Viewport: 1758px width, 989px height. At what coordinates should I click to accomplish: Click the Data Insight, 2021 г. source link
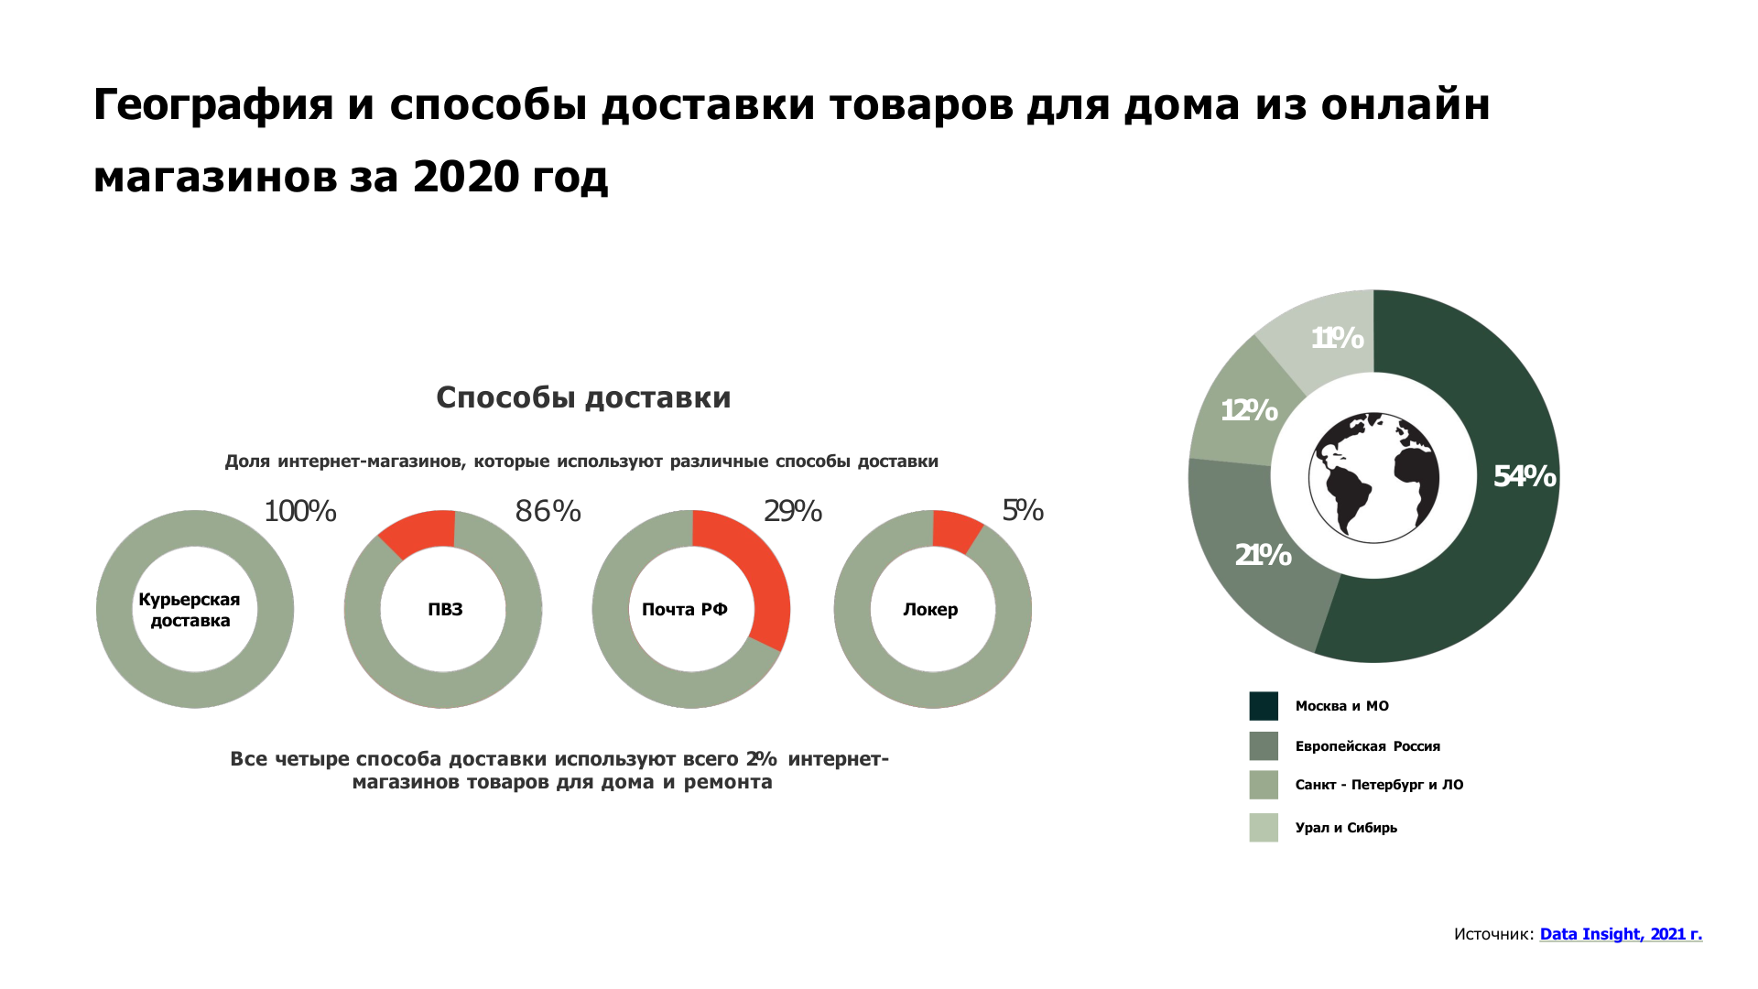click(1621, 934)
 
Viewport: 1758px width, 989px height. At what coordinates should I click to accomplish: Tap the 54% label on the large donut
click(1525, 476)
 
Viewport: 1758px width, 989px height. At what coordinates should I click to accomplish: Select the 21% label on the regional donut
click(1263, 555)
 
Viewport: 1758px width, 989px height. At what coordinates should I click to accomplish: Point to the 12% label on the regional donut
click(1249, 410)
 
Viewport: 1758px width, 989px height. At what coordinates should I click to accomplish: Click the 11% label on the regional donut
click(1337, 339)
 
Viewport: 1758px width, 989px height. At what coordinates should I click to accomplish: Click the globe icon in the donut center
click(1373, 476)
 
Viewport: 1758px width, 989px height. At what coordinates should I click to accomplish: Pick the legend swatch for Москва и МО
click(1264, 706)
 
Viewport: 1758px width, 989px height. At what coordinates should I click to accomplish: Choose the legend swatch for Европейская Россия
click(1264, 746)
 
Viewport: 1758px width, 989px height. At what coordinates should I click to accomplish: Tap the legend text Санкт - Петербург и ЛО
click(1379, 785)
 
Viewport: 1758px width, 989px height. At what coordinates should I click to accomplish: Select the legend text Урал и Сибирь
click(1346, 828)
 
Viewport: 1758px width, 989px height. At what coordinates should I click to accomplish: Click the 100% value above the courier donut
click(300, 511)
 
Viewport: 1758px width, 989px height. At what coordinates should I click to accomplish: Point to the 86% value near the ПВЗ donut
click(548, 511)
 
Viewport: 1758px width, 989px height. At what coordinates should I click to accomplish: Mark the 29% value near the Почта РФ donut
click(793, 511)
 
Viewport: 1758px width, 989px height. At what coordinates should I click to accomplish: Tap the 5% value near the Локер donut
click(1023, 510)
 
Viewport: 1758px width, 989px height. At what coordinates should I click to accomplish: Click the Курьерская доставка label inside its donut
click(190, 610)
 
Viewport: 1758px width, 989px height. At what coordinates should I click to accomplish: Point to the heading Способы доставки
click(583, 397)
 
